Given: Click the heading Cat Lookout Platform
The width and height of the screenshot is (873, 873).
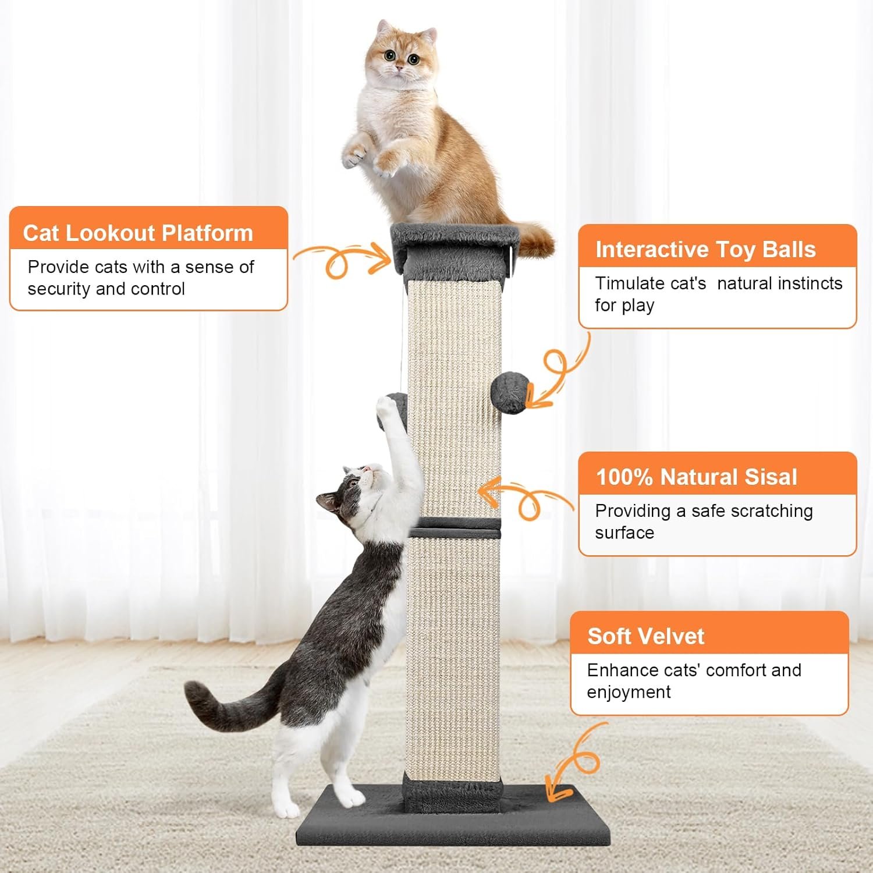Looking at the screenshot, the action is (x=138, y=233).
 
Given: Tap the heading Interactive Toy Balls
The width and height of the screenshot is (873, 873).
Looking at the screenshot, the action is (x=705, y=250).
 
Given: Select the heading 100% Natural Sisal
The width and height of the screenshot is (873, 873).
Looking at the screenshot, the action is (x=696, y=477).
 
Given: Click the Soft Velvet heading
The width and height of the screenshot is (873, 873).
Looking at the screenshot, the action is (x=645, y=636).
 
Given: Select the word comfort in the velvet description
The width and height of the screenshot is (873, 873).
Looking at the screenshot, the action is (x=734, y=670).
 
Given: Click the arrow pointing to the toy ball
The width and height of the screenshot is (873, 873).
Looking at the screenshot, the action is (x=558, y=372).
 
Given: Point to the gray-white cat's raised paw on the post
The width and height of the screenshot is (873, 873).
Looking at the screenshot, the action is (x=386, y=407).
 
